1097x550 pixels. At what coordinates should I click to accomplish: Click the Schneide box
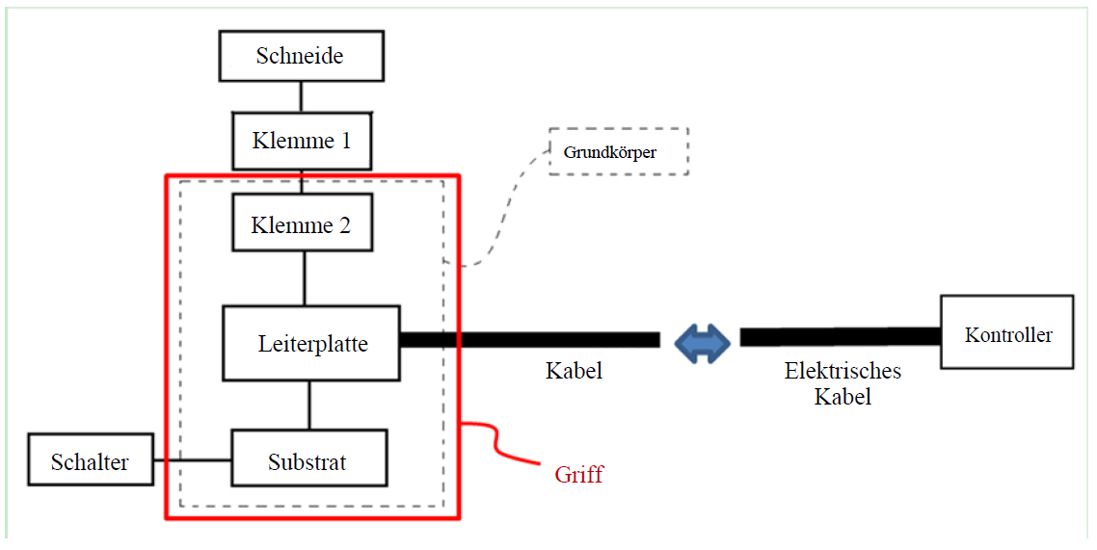pos(301,56)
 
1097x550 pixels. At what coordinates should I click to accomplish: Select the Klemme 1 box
pos(301,141)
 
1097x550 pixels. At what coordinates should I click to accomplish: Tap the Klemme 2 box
pos(301,226)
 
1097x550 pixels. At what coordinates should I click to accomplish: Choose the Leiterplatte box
pos(311,343)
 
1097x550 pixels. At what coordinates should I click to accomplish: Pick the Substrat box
pos(308,462)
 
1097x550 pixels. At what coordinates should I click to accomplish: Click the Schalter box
pos(90,462)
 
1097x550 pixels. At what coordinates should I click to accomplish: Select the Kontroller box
pos(1007,334)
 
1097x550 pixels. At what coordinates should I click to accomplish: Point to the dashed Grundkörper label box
pos(617,151)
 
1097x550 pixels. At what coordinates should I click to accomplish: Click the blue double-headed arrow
pos(701,340)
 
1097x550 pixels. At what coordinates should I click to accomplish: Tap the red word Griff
pos(578,473)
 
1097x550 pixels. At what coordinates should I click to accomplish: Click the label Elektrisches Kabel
pos(843,382)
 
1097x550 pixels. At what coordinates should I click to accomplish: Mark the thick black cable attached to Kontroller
pos(839,337)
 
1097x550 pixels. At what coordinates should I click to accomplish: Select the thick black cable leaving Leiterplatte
pos(530,340)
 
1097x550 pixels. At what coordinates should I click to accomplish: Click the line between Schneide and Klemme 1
pos(301,96)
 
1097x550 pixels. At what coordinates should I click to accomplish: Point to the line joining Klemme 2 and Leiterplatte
pos(305,278)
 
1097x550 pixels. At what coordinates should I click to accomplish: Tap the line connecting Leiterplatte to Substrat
pos(308,405)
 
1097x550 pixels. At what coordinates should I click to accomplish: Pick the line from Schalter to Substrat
pos(193,460)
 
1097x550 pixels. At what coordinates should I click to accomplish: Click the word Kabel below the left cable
pos(574,370)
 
